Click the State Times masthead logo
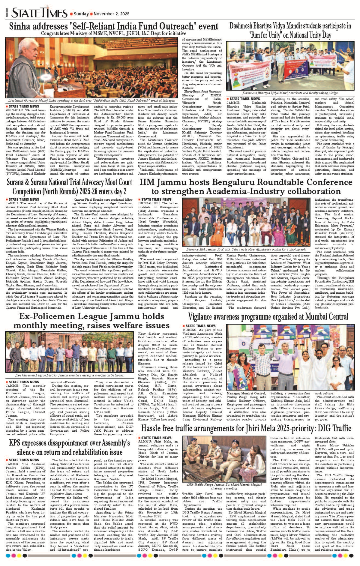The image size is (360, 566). pyautogui.click(x=39, y=13)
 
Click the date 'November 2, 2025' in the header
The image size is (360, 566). pyautogui.click(x=111, y=14)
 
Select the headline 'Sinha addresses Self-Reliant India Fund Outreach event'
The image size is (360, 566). pyautogui.click(x=114, y=26)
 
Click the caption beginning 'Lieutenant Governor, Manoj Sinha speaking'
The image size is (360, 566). pyautogui.click(x=91, y=100)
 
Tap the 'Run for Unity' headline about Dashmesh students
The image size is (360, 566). pyautogui.click(x=290, y=30)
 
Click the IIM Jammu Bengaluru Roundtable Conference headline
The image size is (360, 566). pyautogui.click(x=246, y=187)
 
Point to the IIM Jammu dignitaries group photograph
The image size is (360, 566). pyautogui.click(x=246, y=222)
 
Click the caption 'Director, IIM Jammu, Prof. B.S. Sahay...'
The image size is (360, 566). pyautogui.click(x=246, y=249)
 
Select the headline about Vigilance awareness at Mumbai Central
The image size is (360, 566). pyautogui.click(x=268, y=316)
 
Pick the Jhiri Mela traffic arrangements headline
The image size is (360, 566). pyautogui.click(x=246, y=428)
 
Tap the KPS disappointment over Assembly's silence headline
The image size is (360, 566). pyautogui.click(x=69, y=447)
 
